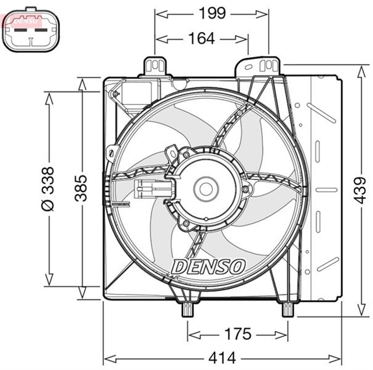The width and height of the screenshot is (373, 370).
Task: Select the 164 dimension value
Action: tap(202, 38)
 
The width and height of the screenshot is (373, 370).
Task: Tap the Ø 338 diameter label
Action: tap(48, 188)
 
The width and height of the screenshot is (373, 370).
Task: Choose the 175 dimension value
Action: tap(238, 334)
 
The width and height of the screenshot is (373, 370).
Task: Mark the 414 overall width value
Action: tap(223, 356)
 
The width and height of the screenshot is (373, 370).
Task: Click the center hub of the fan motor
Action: tap(205, 188)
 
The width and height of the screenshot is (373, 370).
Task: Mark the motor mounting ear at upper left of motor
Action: tap(173, 153)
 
